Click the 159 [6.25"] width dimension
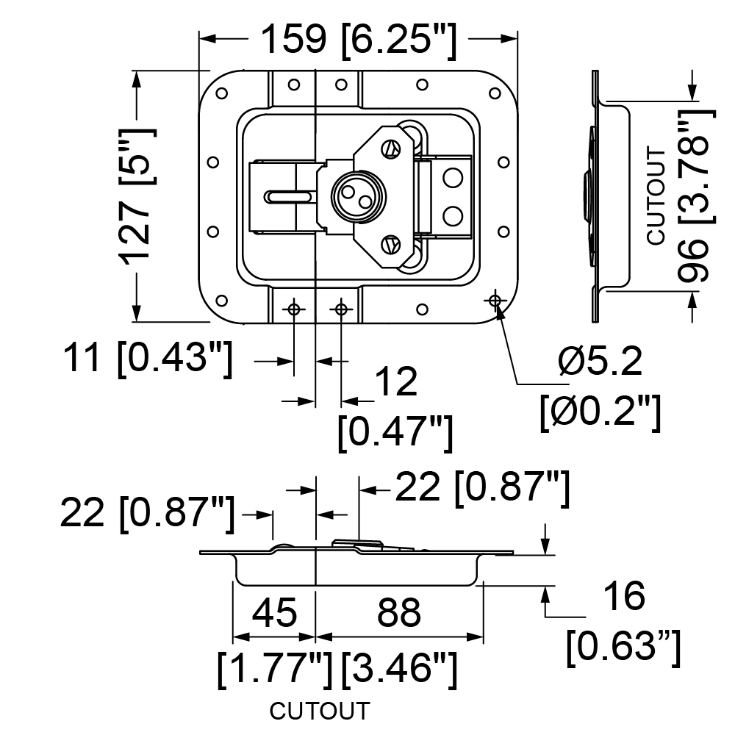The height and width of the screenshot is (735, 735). click(358, 40)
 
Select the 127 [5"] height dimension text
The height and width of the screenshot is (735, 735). click(137, 196)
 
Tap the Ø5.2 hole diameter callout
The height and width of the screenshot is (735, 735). click(600, 362)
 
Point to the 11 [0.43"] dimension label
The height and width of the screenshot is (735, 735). click(148, 358)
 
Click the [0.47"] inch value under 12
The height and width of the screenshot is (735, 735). click(395, 431)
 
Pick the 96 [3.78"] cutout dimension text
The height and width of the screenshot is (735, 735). click(696, 196)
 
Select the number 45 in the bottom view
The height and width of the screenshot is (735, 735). click(275, 612)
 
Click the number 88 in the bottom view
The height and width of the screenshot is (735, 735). click(399, 612)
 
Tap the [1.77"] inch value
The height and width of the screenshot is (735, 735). click(275, 670)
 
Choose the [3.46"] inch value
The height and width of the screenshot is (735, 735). click(399, 670)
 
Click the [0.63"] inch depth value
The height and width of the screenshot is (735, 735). click(623, 648)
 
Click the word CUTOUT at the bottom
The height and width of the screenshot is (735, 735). click(320, 711)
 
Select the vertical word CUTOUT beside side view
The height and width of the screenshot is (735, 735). click(656, 196)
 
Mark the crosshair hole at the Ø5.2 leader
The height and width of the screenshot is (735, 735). click(495, 300)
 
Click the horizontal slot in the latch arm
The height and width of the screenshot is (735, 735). click(290, 196)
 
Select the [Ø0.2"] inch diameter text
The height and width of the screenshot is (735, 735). click(600, 412)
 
